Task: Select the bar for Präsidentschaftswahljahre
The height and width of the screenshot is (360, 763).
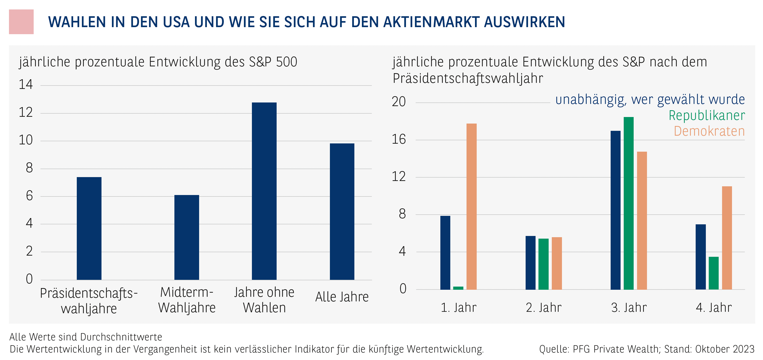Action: [89, 228]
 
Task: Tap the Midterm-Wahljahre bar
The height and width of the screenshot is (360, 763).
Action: [187, 237]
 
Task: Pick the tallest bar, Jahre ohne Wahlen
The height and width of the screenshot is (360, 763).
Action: [264, 191]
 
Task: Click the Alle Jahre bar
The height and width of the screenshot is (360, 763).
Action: [342, 211]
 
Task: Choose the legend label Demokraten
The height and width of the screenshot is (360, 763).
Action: [709, 131]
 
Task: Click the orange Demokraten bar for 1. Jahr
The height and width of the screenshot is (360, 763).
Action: [471, 206]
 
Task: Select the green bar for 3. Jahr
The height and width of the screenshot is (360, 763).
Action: [629, 203]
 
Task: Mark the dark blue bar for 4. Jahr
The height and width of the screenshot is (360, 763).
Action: [701, 257]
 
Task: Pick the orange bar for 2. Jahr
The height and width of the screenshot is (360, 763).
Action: [557, 263]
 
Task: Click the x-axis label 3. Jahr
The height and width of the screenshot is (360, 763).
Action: [629, 308]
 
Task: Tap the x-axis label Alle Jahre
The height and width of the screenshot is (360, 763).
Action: [342, 297]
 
